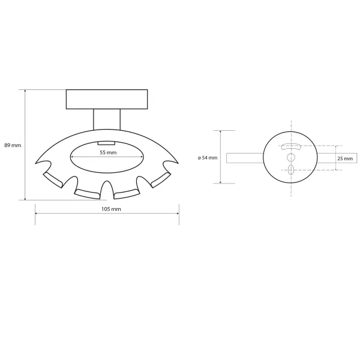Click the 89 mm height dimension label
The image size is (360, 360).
point(13,145)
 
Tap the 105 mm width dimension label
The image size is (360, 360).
point(111,209)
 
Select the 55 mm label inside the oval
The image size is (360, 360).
point(108,152)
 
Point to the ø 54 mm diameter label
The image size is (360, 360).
point(208,158)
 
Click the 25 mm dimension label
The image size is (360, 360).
point(345,158)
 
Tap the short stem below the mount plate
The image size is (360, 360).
point(107,119)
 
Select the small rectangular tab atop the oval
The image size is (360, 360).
point(106,143)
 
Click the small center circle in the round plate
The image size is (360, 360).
point(291,157)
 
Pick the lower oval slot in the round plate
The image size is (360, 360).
point(291,170)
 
